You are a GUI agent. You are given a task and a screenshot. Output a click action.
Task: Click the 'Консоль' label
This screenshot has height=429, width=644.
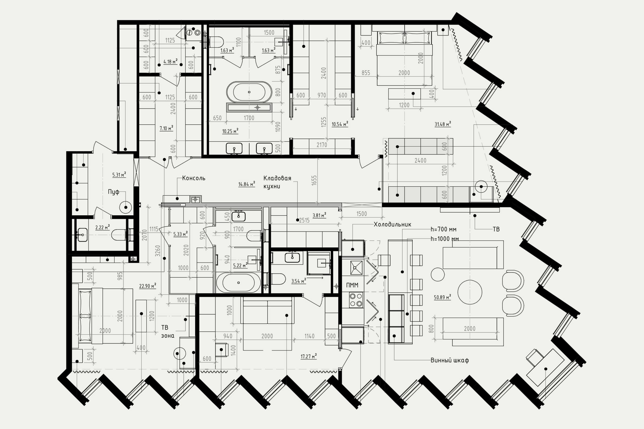193,178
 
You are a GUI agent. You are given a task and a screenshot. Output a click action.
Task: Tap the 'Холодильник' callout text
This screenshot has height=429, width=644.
392,224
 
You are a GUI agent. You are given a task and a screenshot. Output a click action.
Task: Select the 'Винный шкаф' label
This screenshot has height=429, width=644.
450,360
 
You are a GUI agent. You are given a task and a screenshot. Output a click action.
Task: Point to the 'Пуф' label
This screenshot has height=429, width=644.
113,192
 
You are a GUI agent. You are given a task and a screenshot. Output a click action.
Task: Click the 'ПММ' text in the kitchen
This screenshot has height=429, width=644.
352,285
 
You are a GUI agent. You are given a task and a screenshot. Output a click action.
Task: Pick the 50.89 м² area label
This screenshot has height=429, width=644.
442,297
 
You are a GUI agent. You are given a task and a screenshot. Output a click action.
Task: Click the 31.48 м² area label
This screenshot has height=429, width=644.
443,124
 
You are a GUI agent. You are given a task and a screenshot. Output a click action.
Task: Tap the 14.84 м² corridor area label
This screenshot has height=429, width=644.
247,184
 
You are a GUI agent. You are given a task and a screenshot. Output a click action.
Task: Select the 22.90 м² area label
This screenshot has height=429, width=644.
147,286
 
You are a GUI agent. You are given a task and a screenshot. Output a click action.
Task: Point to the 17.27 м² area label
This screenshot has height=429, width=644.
308,356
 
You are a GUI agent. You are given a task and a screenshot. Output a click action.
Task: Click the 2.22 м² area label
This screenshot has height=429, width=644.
103,227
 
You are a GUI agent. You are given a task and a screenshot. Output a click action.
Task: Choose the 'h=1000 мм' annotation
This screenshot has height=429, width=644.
445,239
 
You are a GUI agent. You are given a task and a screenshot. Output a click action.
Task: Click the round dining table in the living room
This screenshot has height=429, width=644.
470,292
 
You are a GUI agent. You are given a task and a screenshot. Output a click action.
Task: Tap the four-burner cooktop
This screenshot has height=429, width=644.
356,300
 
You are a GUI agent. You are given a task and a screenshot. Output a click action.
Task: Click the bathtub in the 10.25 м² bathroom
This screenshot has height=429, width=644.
249,92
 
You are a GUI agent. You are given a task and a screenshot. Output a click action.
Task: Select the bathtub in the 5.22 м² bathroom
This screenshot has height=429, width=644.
238,283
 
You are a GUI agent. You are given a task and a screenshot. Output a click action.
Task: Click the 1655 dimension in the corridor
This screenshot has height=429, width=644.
314,180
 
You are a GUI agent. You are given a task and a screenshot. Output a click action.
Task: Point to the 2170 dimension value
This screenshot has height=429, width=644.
322,145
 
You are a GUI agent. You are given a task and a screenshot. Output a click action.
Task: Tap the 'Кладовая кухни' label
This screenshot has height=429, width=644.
277,182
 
